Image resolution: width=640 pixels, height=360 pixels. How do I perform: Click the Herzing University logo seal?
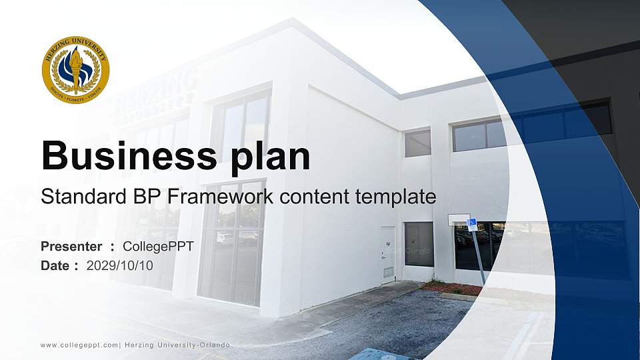point(75,70)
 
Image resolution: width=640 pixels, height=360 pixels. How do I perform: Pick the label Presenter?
point(71,247)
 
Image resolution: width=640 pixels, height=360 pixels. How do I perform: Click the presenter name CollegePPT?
point(158,247)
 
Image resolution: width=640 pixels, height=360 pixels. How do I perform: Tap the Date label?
point(55,265)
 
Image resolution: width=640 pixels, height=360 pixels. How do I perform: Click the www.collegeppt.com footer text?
point(79,345)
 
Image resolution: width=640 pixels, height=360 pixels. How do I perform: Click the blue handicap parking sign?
point(472,225)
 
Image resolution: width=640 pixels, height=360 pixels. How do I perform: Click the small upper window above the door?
point(417,143)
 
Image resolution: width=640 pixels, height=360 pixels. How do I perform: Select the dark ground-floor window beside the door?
point(419,243)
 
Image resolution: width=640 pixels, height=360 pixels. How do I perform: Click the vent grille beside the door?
point(388,272)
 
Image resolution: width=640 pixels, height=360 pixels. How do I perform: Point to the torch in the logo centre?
point(75,69)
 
